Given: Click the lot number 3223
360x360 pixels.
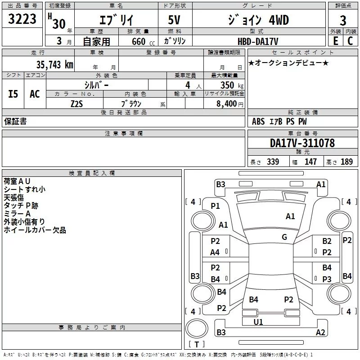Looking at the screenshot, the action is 22,19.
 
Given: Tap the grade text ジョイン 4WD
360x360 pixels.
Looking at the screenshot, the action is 257,20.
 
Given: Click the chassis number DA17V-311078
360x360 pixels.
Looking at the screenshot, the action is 302,143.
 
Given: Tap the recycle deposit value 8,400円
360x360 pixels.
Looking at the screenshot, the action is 230,103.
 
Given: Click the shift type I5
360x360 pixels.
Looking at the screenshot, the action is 13,94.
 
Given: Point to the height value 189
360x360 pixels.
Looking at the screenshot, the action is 346,162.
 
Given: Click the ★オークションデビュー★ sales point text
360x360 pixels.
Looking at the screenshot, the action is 288,63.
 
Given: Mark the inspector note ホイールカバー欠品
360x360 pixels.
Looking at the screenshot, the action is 35,230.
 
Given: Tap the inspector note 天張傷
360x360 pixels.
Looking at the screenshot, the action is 14,198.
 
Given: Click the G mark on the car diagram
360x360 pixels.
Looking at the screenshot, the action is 284,237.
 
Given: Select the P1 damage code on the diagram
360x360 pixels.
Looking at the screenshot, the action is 216,206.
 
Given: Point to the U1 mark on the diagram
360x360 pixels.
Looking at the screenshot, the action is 258,322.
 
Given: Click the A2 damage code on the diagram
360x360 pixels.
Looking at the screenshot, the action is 320,333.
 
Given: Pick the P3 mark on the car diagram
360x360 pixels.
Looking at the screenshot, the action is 327,279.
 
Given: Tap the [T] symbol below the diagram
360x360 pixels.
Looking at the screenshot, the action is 196,345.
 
